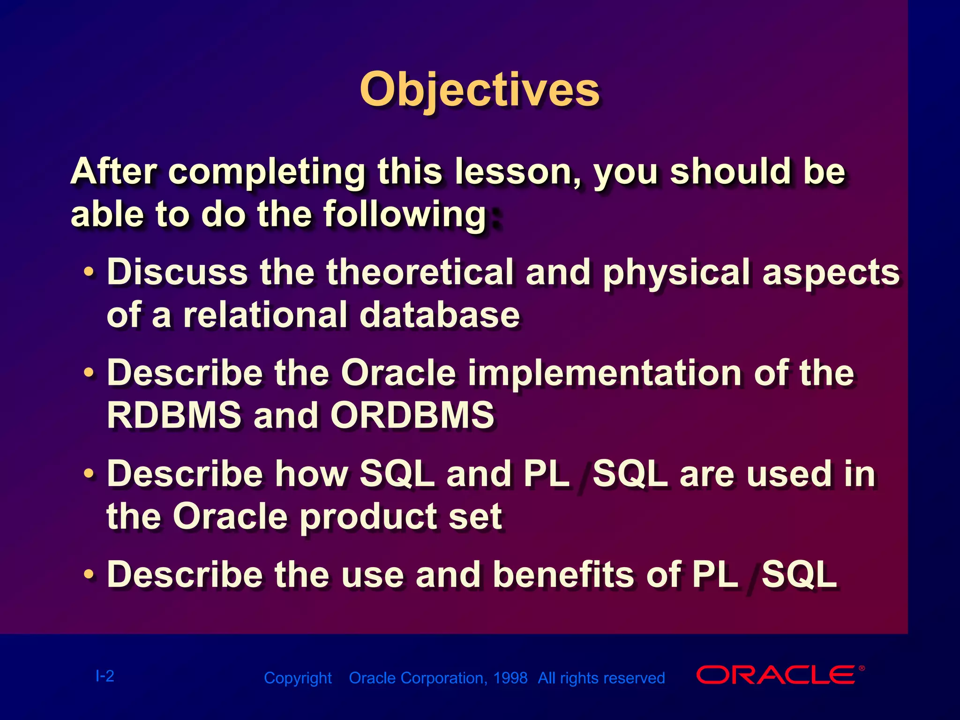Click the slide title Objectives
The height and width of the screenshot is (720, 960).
point(480,90)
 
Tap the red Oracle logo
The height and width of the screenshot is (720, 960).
point(780,675)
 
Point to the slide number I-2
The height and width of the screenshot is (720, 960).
point(105,676)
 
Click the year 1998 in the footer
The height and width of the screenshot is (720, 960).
point(510,678)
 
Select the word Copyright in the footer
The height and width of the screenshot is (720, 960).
point(298,678)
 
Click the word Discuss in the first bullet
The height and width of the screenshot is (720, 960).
point(178,272)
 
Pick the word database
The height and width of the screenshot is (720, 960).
point(440,315)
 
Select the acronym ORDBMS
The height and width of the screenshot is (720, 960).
point(412,415)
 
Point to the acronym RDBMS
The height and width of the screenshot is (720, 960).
point(174,415)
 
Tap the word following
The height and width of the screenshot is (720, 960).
point(405,215)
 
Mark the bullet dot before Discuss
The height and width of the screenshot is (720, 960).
point(89,272)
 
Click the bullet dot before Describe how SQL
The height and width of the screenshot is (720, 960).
point(89,474)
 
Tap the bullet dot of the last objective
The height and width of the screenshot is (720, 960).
point(89,574)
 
